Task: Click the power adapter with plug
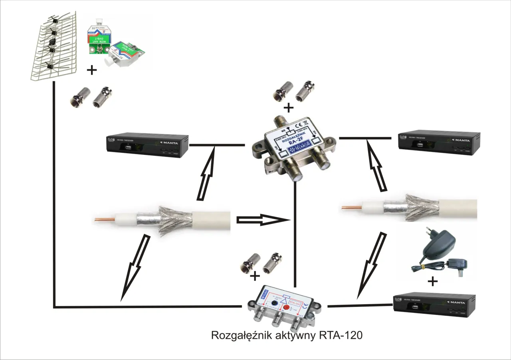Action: (439, 255)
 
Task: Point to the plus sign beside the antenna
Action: (92, 71)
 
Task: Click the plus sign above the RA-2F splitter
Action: (288, 108)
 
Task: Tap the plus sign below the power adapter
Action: (432, 282)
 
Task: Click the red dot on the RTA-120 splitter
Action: (286, 302)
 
